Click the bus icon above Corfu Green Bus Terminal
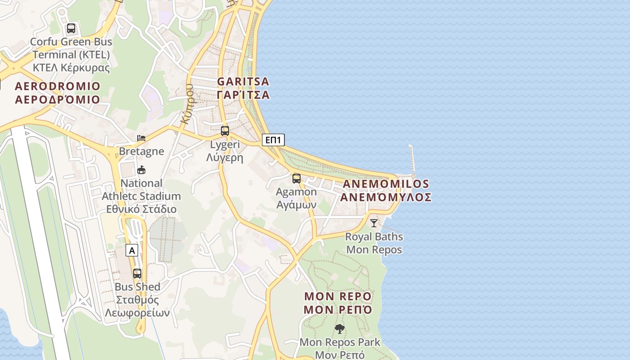click(x=71, y=28)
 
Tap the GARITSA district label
click(x=243, y=88)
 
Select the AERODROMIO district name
click(x=58, y=92)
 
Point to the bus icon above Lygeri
click(x=225, y=131)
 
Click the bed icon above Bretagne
click(x=141, y=138)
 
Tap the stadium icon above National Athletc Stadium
click(x=141, y=170)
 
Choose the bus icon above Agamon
click(x=296, y=178)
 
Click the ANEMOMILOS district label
click(x=386, y=190)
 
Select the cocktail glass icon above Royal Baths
click(x=374, y=223)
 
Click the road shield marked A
click(x=131, y=250)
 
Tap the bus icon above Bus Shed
click(x=137, y=273)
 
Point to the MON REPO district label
click(x=338, y=303)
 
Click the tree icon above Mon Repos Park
click(x=339, y=329)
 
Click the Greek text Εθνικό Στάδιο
click(x=141, y=209)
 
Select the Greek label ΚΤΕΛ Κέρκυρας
click(x=71, y=68)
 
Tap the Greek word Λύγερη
click(x=225, y=157)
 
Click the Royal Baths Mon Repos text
click(x=374, y=243)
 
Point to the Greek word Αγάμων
click(x=296, y=205)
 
